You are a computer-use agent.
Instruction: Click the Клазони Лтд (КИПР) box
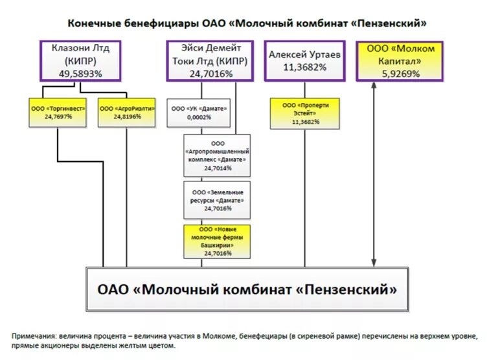[x=82, y=61]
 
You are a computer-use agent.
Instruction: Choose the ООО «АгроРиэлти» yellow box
[x=127, y=112]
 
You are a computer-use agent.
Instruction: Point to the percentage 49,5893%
[x=82, y=74]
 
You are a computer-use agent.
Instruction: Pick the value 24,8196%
[x=127, y=117]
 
